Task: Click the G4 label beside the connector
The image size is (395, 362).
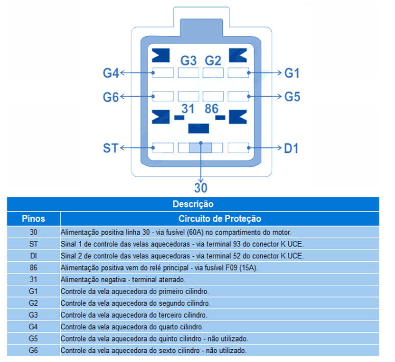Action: tap(111, 73)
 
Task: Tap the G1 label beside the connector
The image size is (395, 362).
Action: tap(292, 73)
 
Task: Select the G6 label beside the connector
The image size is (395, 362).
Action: tap(111, 97)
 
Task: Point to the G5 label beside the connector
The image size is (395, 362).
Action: tap(292, 97)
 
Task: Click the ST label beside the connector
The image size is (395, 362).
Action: tap(111, 148)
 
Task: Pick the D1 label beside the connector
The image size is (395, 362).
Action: tap(291, 148)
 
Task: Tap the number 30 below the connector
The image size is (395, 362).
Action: tap(201, 188)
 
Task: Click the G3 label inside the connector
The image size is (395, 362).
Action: tap(188, 60)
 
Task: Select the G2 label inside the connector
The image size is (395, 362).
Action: tap(213, 60)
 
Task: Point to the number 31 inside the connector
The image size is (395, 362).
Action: tap(188, 109)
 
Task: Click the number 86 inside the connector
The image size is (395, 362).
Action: tap(211, 109)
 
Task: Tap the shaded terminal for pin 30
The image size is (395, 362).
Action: tap(201, 148)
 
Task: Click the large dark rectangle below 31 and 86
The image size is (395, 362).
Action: tap(199, 128)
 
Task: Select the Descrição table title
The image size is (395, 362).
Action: tap(193, 204)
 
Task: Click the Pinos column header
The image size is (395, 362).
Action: tap(34, 219)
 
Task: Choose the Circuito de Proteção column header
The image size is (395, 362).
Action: tap(219, 219)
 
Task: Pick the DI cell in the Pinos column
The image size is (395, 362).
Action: tap(34, 256)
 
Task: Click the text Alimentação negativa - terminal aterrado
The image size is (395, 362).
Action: tap(123, 280)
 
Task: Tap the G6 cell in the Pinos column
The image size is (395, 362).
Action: tap(33, 350)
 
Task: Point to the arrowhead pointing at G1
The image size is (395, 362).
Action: tap(279, 73)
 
